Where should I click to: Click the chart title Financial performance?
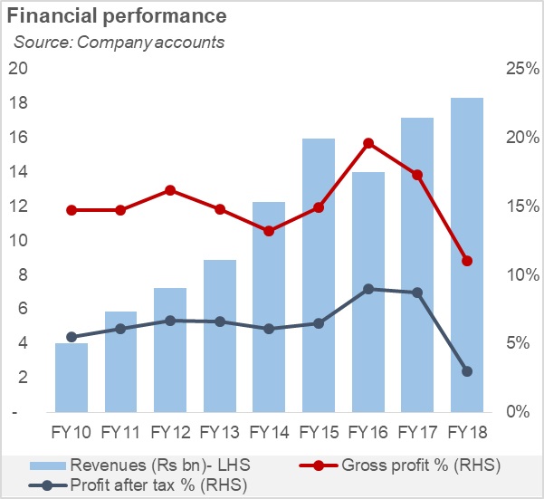point(116,17)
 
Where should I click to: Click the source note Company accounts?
point(118,42)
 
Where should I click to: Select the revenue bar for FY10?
point(72,377)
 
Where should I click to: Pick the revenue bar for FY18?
point(467,254)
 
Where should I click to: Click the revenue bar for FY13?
point(220,335)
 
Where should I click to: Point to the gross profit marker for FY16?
point(368,143)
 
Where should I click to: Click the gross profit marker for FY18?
point(467,261)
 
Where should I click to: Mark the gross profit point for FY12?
point(170,190)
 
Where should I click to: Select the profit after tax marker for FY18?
point(467,371)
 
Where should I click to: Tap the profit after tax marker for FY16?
point(368,289)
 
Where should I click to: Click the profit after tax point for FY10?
point(72,337)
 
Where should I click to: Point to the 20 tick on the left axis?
point(17,69)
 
